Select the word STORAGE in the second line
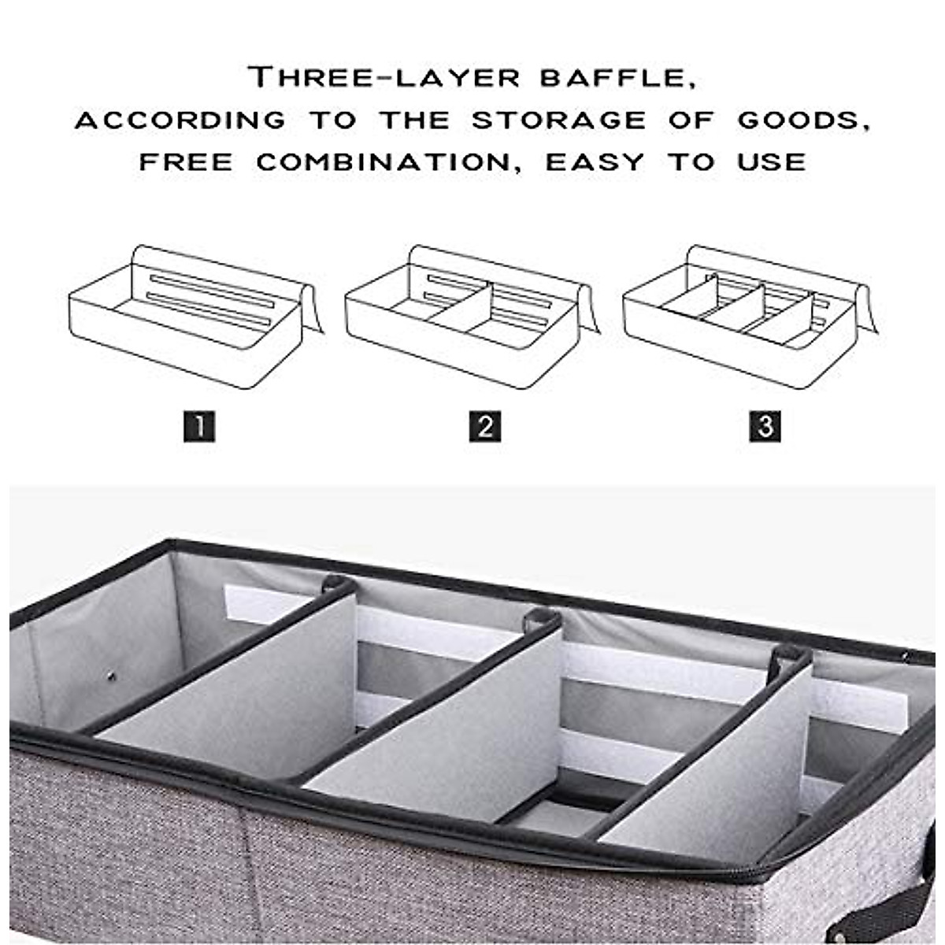558,120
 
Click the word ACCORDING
180,120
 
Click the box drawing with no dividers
193,315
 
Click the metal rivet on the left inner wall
110,676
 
